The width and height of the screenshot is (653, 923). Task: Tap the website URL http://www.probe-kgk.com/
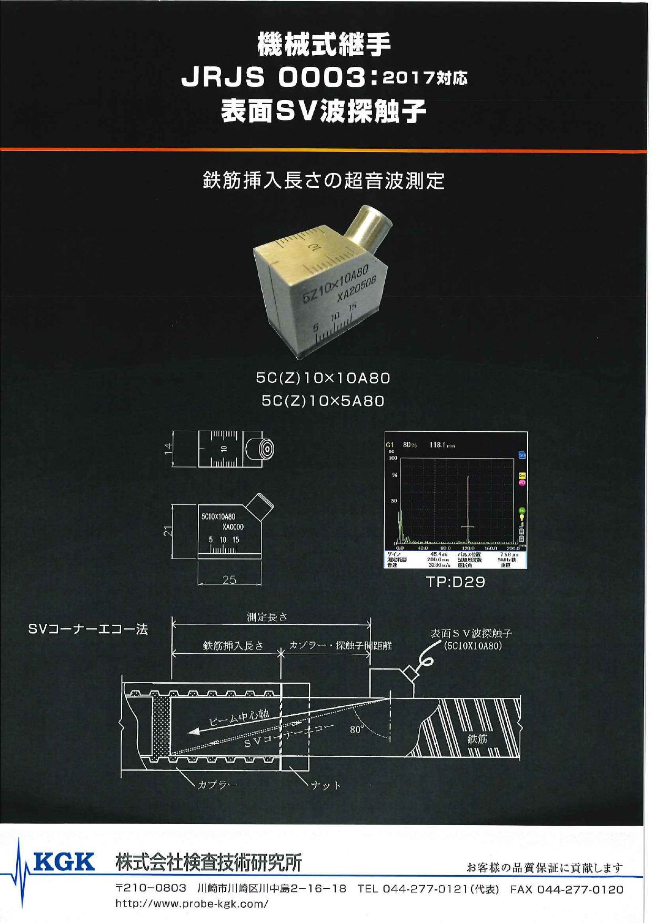[x=192, y=904]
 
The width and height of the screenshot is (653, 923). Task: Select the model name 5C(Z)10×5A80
[x=323, y=401]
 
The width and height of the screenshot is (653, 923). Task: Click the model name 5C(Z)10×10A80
[x=323, y=378]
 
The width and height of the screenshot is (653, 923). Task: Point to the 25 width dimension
[x=229, y=580]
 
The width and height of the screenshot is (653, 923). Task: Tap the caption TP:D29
[x=455, y=582]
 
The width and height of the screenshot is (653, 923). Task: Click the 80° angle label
[x=356, y=729]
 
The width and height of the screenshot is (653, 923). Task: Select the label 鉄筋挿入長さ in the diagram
[x=233, y=645]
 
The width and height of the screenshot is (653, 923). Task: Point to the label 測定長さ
[x=267, y=617]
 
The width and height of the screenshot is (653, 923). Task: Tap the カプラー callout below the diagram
[x=217, y=785]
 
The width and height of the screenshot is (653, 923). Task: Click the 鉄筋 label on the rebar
[x=477, y=739]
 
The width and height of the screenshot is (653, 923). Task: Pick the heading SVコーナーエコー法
[x=88, y=629]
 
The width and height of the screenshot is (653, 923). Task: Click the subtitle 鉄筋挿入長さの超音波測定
[x=324, y=181]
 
